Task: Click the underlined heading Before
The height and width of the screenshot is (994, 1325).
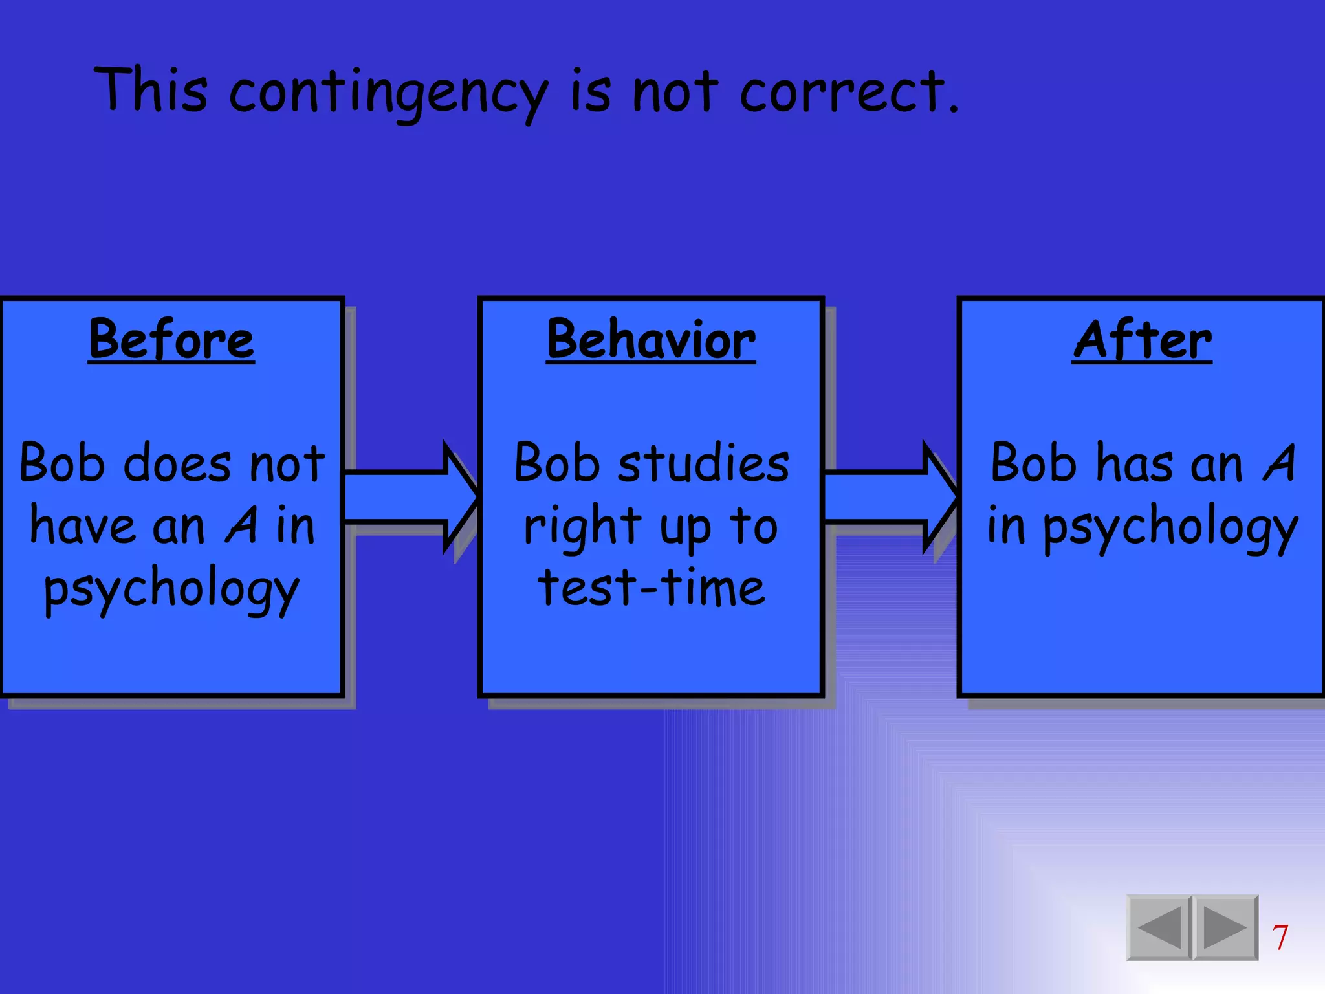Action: click(171, 340)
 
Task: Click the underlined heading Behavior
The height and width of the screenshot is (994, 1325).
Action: click(651, 340)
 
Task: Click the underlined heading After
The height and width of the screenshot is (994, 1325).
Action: click(1142, 340)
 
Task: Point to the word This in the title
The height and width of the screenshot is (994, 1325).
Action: click(152, 91)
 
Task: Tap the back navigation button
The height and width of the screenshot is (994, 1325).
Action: click(1159, 927)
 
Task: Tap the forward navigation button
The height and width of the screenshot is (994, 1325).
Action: click(1225, 927)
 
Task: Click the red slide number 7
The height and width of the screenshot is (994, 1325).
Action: click(1280, 937)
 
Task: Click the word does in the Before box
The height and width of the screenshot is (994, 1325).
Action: click(177, 463)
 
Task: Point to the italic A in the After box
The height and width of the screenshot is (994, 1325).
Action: click(1279, 463)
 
